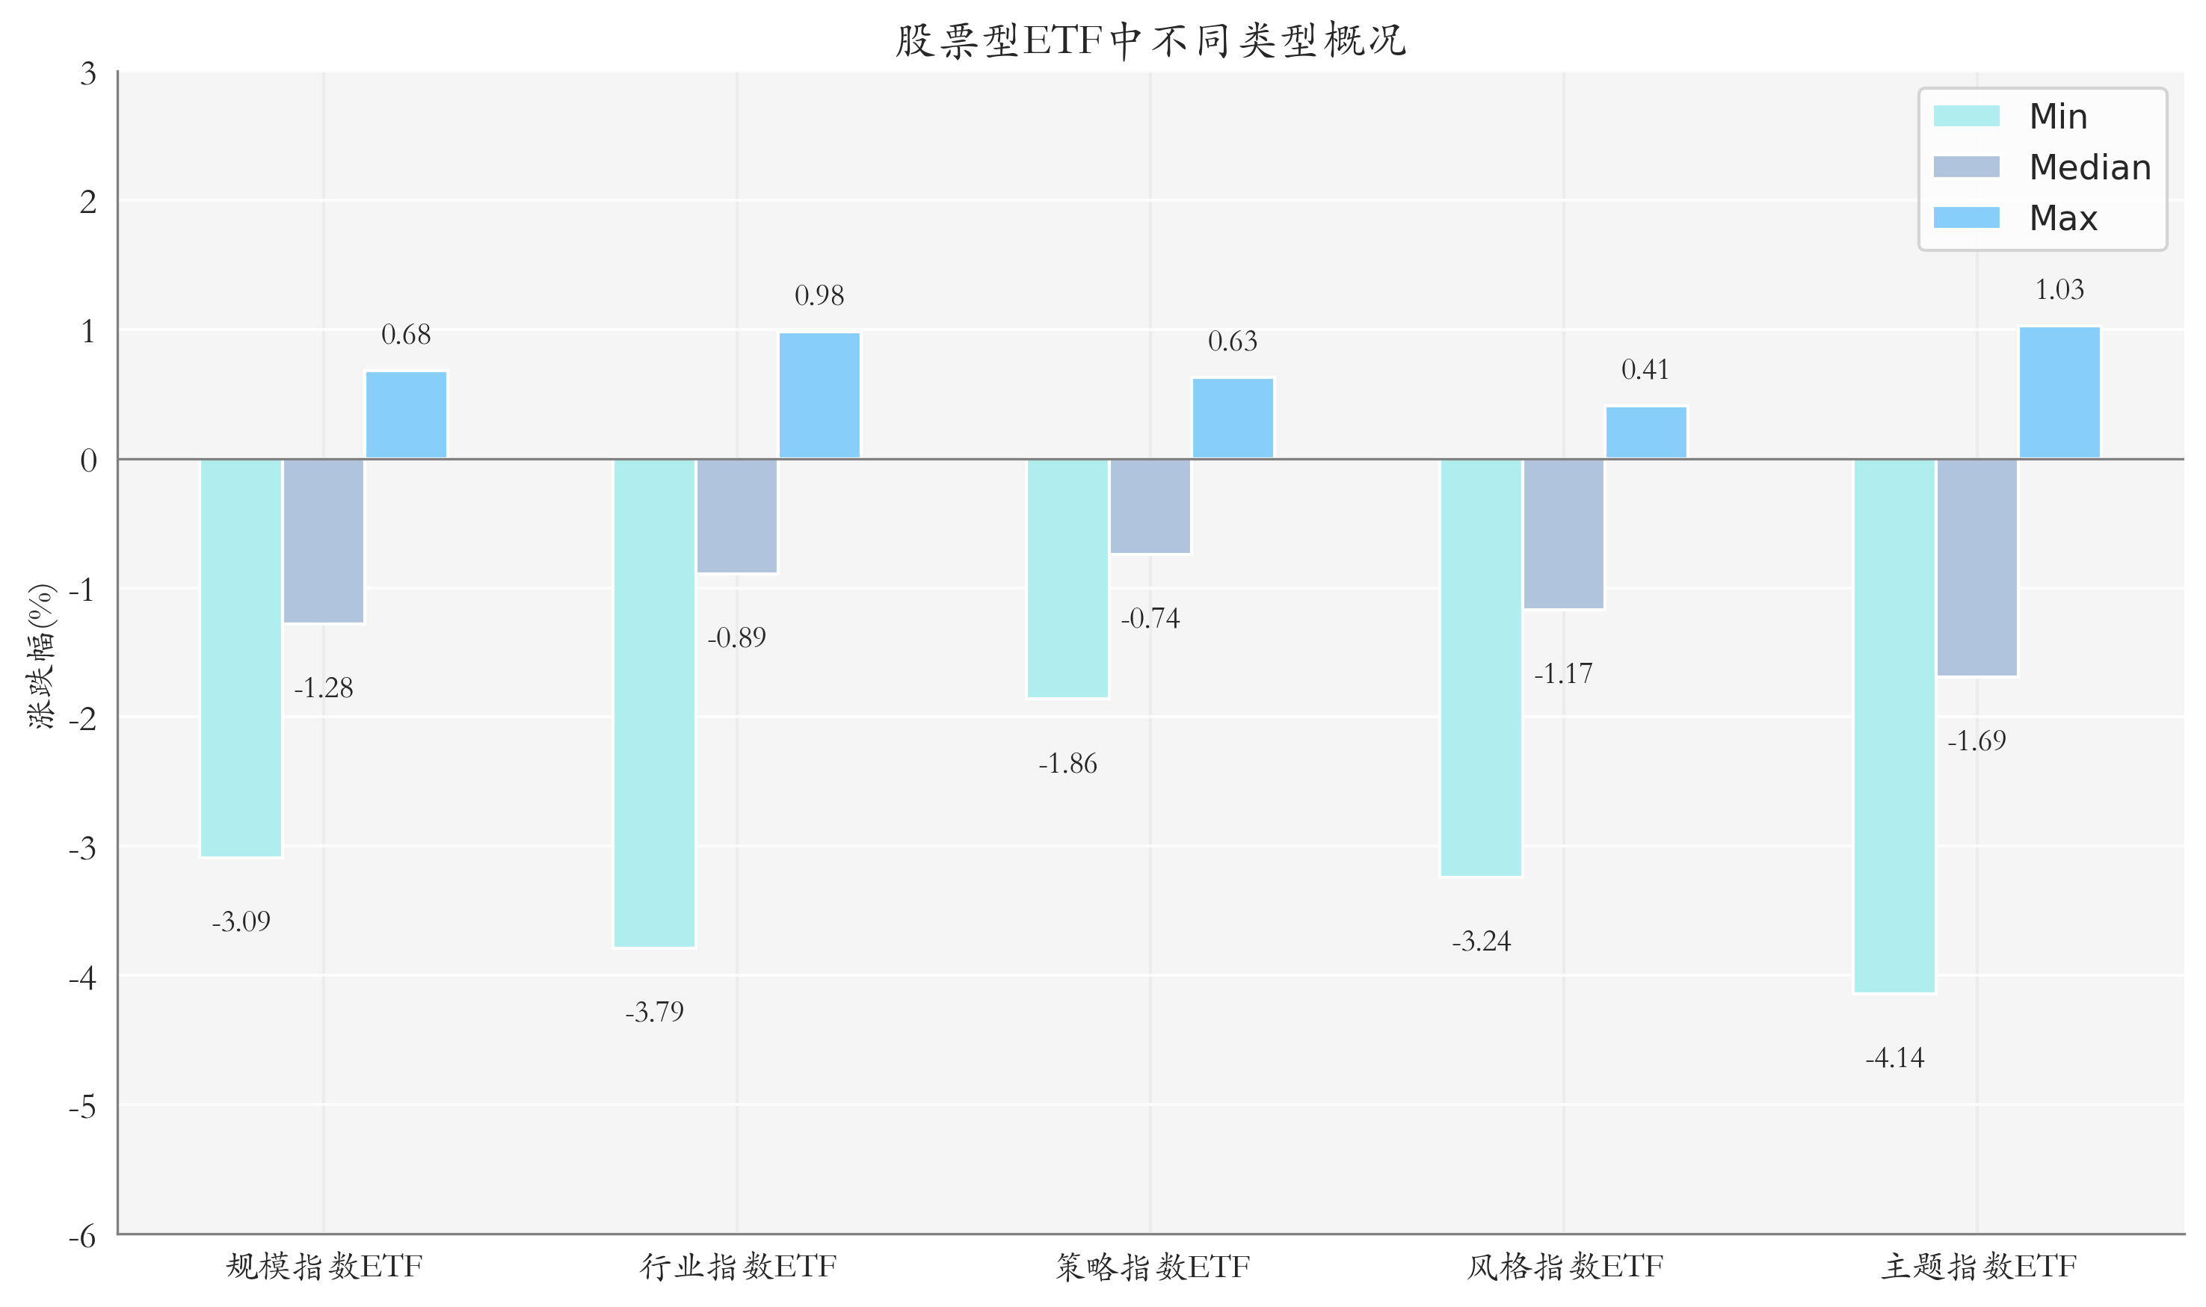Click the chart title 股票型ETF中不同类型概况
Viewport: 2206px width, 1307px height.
coord(1150,40)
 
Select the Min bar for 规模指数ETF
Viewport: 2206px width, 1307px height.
coord(241,657)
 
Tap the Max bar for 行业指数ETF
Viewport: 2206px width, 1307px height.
coord(819,395)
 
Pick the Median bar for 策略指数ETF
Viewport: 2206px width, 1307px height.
coord(1150,507)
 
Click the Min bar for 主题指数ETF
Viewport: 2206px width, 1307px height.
coord(1894,726)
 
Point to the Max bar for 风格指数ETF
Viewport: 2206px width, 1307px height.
coord(1645,433)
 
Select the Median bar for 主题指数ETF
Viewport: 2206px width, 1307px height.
coord(1977,567)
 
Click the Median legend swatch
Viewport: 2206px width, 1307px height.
coord(1966,167)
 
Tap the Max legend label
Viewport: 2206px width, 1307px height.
coord(2063,217)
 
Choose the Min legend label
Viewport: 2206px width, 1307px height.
coord(2058,117)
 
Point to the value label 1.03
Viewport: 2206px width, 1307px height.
coord(2059,290)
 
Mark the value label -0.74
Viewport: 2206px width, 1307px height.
coord(1150,618)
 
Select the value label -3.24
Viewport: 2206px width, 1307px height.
coord(1481,942)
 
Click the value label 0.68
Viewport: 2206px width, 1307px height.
coord(406,335)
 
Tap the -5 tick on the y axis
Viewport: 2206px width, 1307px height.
coord(83,1106)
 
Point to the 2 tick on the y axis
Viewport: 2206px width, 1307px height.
coord(88,202)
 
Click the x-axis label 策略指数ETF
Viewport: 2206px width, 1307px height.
coord(1152,1267)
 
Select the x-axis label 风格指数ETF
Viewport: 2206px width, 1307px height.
coord(1565,1267)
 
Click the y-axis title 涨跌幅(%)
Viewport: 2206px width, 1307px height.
coord(41,655)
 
